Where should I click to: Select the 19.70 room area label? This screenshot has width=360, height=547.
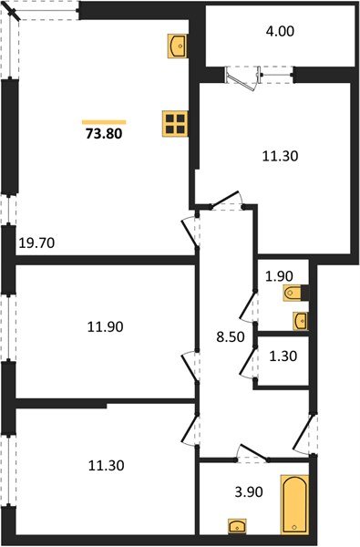tap(36, 243)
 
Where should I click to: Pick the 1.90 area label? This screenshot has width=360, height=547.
tap(278, 276)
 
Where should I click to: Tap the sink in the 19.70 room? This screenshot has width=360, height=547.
tap(178, 45)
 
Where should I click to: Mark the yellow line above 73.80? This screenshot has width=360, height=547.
tap(103, 120)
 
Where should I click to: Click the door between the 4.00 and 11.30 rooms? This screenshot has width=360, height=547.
tap(244, 75)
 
